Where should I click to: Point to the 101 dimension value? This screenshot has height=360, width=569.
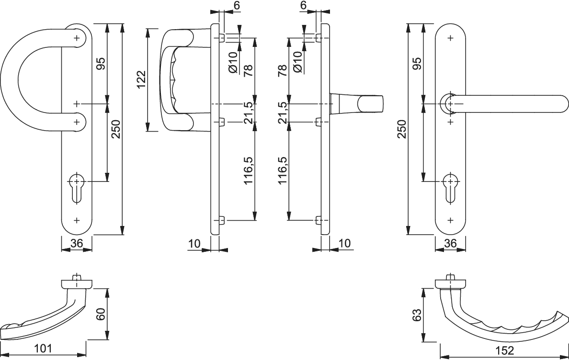tap(44, 348)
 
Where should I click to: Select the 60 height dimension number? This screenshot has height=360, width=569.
tap(101, 315)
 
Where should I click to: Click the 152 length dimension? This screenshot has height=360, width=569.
tap(503, 350)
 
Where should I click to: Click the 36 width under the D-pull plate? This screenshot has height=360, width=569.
tap(77, 244)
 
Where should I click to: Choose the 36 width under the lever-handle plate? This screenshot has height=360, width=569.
tap(450, 244)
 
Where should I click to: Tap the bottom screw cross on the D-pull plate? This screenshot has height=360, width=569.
tap(77, 220)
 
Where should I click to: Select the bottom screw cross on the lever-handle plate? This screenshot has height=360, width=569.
tap(450, 220)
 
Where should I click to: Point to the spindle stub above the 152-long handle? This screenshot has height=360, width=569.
tap(450, 278)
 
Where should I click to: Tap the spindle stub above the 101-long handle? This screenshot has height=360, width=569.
tap(77, 278)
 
